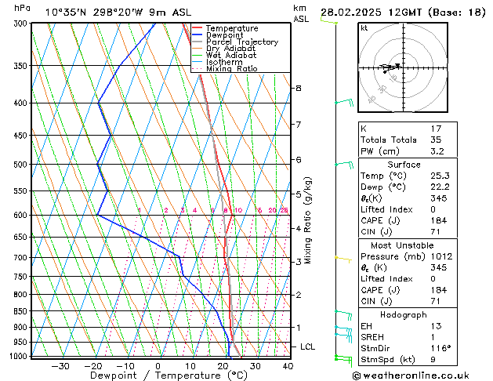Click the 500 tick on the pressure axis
[x=22, y=165]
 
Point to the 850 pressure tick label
[x=22, y=311]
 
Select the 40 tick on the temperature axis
[x=288, y=366]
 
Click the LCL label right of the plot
[x=308, y=347]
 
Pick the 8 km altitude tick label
[x=298, y=89]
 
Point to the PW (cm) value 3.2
[x=437, y=151]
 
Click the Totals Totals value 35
[x=436, y=140]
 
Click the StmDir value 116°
[x=440, y=348]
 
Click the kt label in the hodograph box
[x=364, y=28]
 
